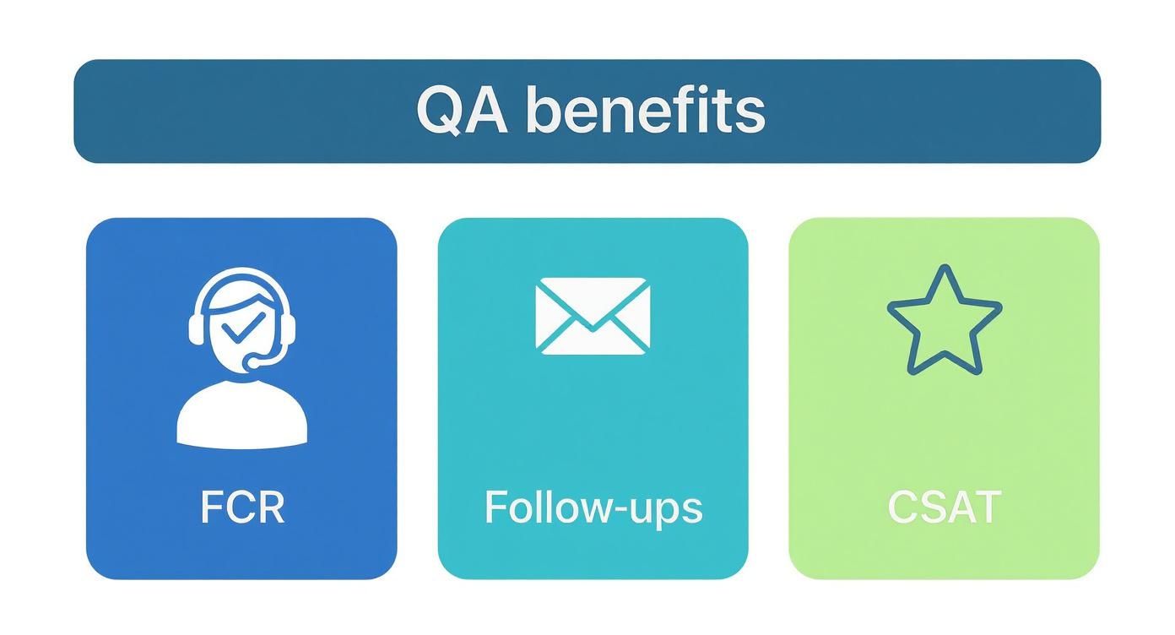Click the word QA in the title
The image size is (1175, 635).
[462, 111]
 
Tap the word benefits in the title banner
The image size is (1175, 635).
[646, 111]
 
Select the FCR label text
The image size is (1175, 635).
[242, 507]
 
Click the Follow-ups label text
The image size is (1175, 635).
[593, 507]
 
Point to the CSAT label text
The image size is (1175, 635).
[945, 507]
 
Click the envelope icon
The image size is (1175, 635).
[593, 316]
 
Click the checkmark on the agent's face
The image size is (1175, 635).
[244, 324]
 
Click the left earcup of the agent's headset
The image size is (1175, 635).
[198, 327]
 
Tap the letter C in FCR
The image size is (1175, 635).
[241, 507]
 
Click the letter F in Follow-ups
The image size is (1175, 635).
[495, 507]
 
